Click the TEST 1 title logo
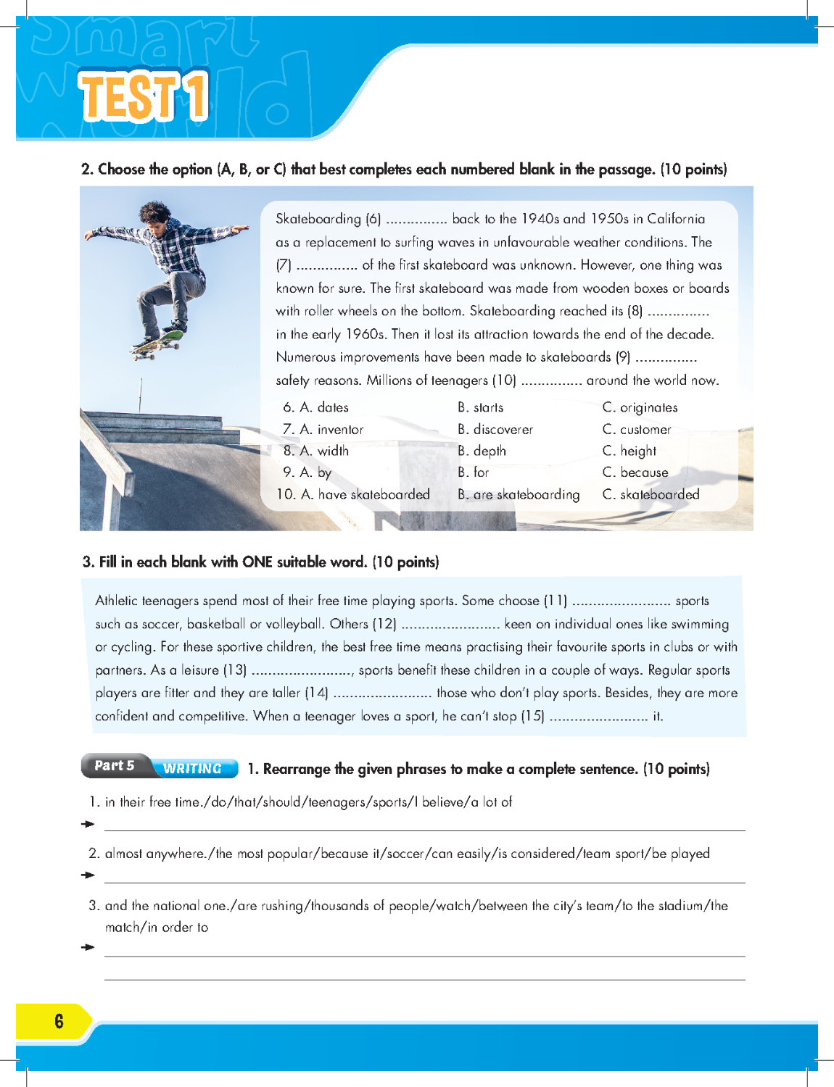click(x=144, y=96)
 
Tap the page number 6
click(x=59, y=1021)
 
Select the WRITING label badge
click(x=193, y=768)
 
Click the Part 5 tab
click(x=115, y=765)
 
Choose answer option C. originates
click(x=640, y=407)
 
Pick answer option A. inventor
click(x=323, y=429)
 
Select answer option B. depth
click(x=482, y=451)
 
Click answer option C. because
click(x=635, y=472)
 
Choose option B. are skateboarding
click(x=519, y=494)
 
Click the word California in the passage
click(x=676, y=219)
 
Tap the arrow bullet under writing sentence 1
click(x=88, y=824)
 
